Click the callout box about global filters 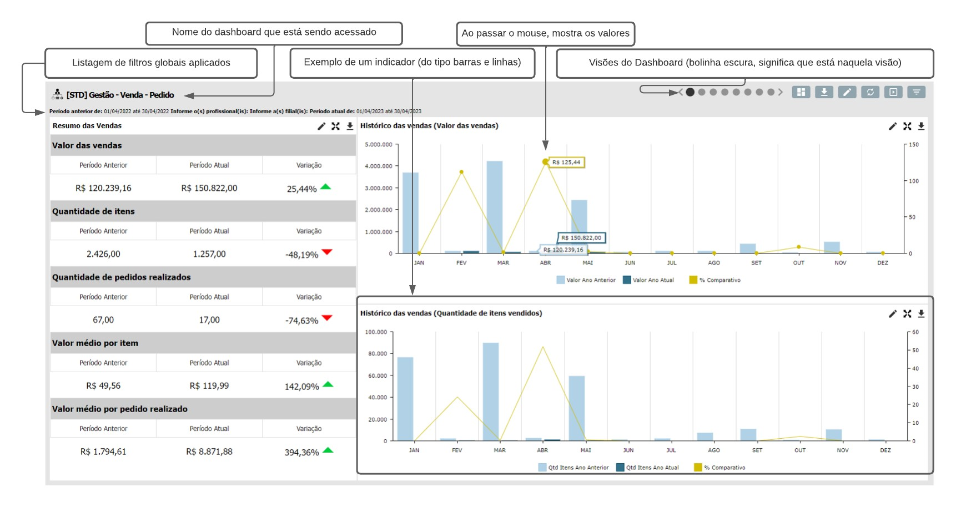coord(150,63)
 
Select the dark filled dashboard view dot coord(690,92)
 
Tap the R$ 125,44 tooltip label coord(566,163)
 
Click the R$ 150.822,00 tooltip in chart coord(581,238)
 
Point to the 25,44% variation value coord(301,189)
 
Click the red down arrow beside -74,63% coord(327,318)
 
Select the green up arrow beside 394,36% coord(328,450)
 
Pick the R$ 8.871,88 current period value coord(209,452)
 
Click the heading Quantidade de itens coord(93,211)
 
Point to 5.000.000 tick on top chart coord(379,145)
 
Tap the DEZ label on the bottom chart coord(885,450)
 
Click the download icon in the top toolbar coord(824,92)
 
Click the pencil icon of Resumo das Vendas coord(321,126)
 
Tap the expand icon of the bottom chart coord(907,313)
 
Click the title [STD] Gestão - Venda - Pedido coord(120,95)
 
